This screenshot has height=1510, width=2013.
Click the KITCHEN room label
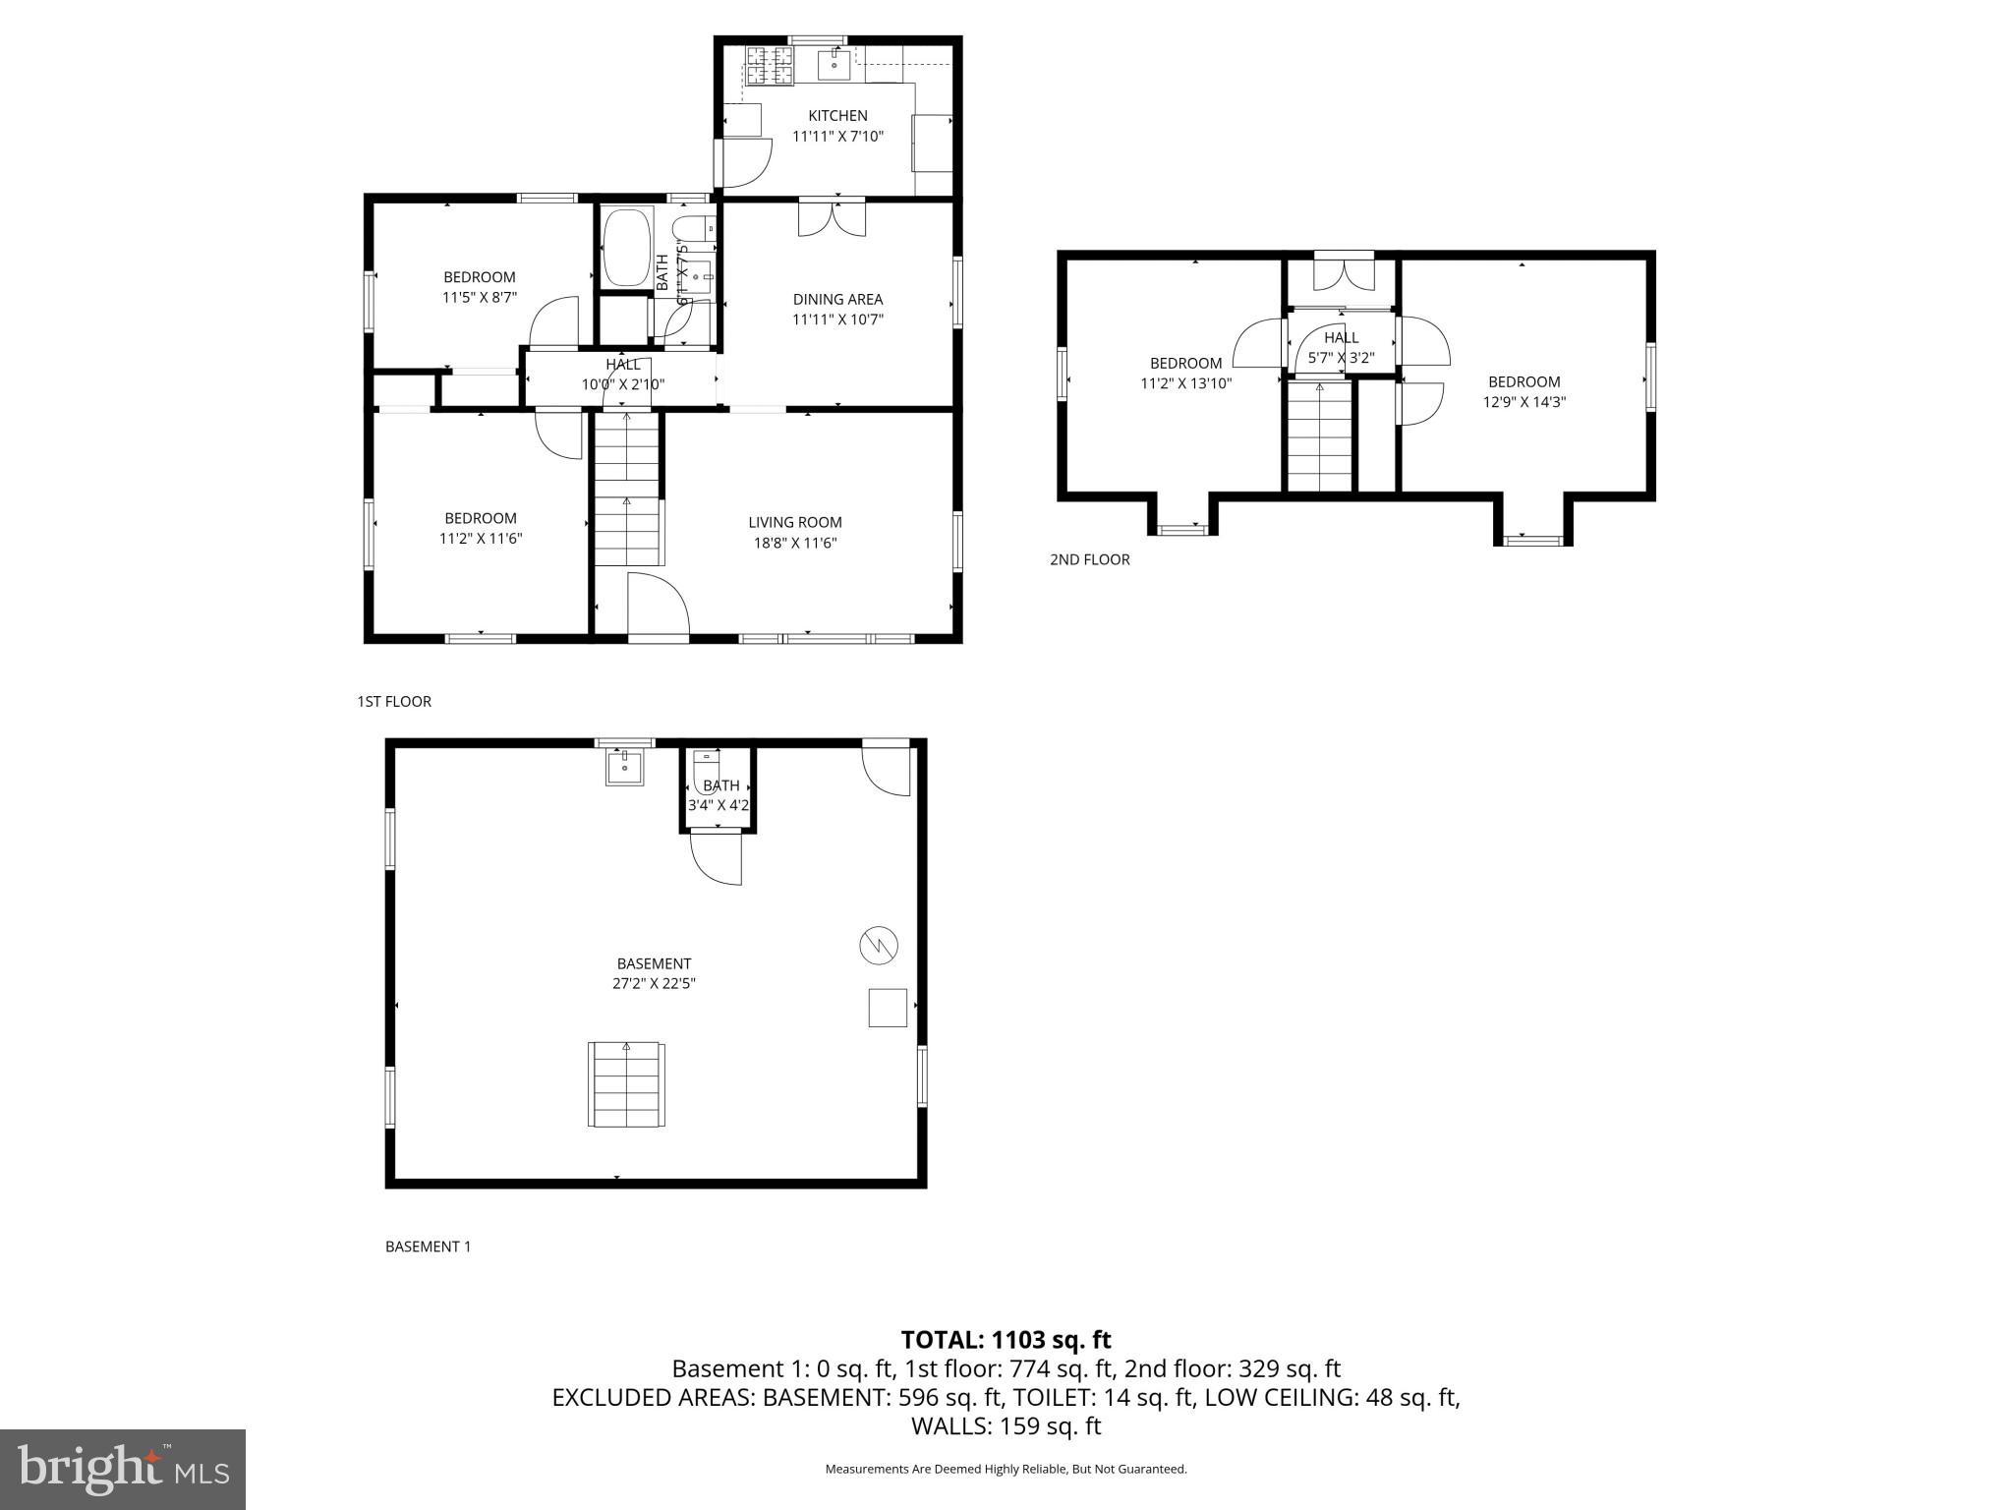(837, 116)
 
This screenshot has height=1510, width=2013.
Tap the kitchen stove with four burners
(769, 65)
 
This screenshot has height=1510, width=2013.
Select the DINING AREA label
(837, 299)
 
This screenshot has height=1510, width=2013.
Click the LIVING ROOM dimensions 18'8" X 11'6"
(794, 543)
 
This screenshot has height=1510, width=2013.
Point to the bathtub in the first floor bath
(626, 247)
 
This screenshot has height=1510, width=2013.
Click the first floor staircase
(627, 488)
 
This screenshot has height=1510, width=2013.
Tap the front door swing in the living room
(657, 605)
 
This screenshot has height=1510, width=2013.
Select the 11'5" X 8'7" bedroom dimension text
(480, 297)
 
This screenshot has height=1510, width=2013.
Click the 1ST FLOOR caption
(394, 701)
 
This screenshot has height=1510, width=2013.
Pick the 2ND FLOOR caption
(1089, 559)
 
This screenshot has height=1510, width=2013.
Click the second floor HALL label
(1341, 337)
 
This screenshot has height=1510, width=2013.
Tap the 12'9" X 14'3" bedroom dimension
(1524, 401)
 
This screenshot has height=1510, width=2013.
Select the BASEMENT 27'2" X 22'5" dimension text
(654, 983)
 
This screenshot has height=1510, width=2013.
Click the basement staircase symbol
(627, 1084)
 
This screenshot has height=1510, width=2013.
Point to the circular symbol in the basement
(879, 946)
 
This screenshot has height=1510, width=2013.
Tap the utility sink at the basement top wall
(624, 767)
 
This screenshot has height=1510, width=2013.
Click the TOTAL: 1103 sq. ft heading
(1006, 1340)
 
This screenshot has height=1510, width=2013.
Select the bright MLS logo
(123, 1469)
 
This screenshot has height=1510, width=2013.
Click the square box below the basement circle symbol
(887, 1008)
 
